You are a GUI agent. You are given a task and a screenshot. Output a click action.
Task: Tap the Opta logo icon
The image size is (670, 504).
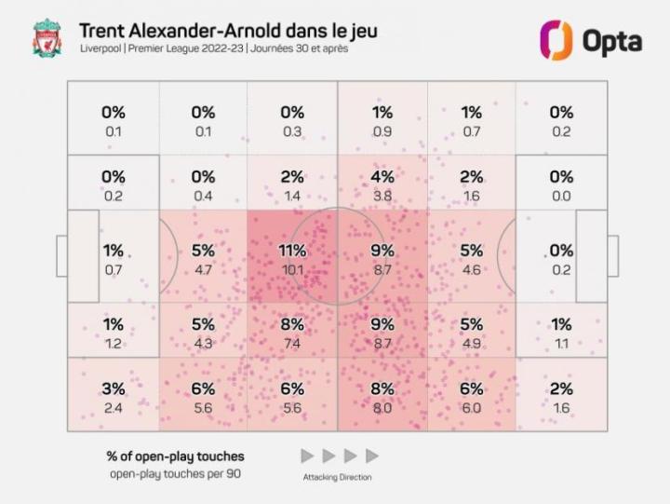pyautogui.click(x=556, y=40)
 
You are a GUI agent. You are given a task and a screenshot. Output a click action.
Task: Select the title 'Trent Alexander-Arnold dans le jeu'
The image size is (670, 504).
pyautogui.click(x=229, y=31)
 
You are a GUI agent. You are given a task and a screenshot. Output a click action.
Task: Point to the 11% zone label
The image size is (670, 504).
pyautogui.click(x=292, y=251)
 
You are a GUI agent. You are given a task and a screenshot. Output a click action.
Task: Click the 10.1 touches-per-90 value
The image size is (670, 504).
pyautogui.click(x=292, y=270)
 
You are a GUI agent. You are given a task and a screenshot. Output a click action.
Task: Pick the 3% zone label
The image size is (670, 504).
pyautogui.click(x=114, y=388)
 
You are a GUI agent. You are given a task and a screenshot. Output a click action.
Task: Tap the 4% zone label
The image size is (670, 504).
pyautogui.click(x=382, y=176)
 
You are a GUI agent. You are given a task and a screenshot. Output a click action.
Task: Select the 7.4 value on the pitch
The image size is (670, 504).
pyautogui.click(x=292, y=344)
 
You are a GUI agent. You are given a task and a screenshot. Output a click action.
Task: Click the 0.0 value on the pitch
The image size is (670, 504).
pyautogui.click(x=561, y=196)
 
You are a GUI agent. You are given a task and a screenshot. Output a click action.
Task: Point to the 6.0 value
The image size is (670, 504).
pyautogui.click(x=472, y=408)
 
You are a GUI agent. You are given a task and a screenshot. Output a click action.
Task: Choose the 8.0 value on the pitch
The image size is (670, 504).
pyautogui.click(x=382, y=408)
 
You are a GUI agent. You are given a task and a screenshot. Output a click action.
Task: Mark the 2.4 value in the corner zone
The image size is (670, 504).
pyautogui.click(x=114, y=408)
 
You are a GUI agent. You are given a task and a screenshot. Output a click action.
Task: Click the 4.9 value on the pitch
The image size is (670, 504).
pyautogui.click(x=472, y=344)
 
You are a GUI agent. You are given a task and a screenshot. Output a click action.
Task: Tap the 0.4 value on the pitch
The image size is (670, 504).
pyautogui.click(x=203, y=196)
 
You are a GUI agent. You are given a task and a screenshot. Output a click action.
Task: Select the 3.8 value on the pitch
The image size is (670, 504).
pyautogui.click(x=382, y=196)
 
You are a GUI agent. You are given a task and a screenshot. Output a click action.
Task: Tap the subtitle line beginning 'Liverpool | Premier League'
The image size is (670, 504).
pyautogui.click(x=213, y=49)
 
